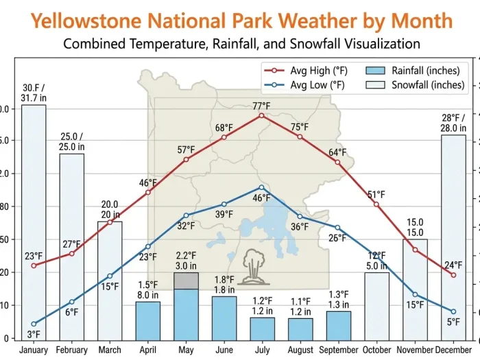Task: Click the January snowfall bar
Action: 34,219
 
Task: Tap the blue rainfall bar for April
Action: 148,320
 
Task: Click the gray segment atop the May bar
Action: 187,280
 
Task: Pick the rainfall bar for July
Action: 262,328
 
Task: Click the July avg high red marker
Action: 262,115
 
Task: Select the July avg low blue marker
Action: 262,187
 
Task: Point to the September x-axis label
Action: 338,350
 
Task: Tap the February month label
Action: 72,350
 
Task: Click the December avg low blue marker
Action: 453,312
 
